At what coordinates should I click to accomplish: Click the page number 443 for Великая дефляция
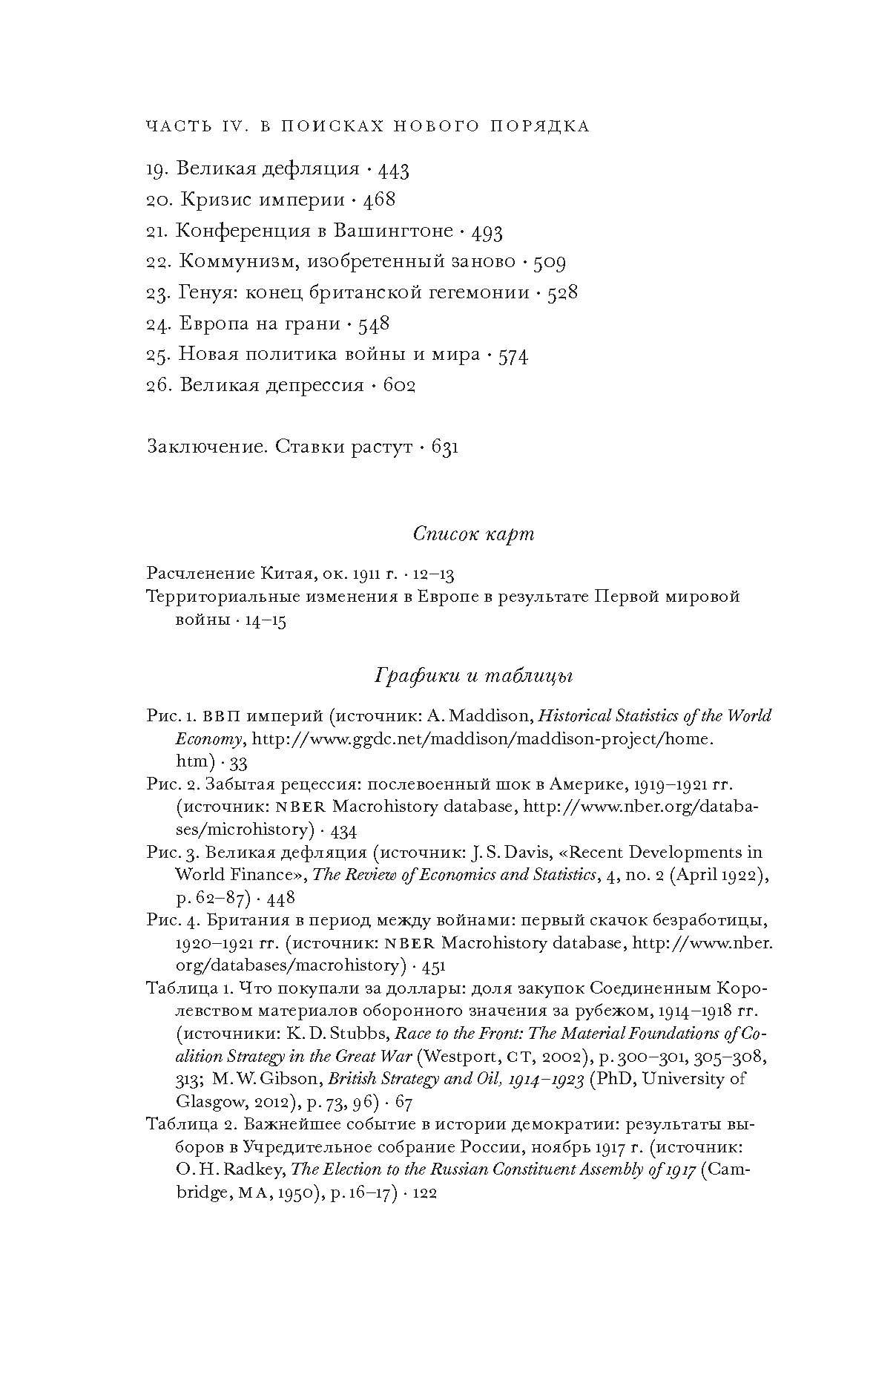pos(393,170)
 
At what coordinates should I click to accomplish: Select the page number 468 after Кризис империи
pos(379,200)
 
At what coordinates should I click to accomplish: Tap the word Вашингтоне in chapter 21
pos(392,232)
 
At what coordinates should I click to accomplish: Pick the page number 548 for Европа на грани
pos(373,324)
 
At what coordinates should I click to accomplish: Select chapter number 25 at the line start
pos(159,355)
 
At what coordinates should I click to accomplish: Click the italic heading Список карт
pos(473,534)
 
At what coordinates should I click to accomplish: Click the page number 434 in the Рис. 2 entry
pos(342,830)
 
